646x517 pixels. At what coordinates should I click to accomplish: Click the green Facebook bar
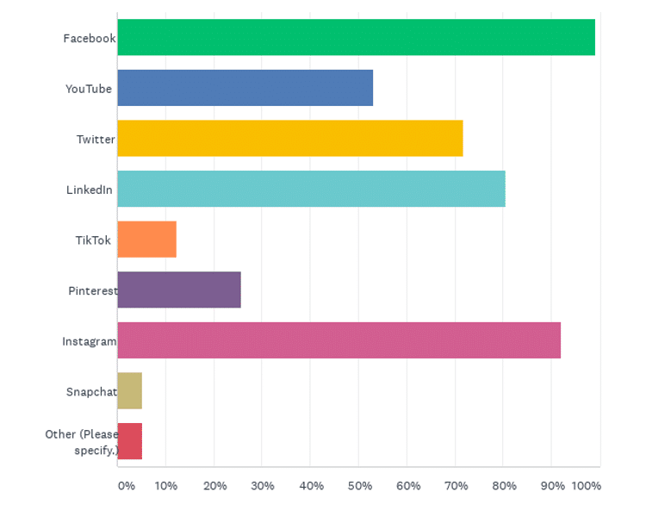(356, 37)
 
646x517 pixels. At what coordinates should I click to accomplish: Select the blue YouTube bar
(245, 88)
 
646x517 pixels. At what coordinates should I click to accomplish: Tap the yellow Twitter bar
(289, 138)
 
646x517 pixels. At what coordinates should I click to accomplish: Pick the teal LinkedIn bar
(311, 189)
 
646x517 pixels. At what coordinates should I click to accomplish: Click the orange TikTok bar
(146, 240)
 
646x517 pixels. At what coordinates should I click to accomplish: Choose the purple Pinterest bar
(179, 290)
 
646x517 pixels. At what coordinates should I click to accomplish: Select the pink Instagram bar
(339, 340)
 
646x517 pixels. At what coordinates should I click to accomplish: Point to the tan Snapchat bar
(129, 390)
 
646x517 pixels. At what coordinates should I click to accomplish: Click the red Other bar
(129, 441)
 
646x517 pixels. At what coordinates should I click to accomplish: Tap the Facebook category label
(89, 38)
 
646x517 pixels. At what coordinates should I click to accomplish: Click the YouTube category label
(89, 89)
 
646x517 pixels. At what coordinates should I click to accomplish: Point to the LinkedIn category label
(90, 190)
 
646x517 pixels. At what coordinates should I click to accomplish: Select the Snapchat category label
(91, 392)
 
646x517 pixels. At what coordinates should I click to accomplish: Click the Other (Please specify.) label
(82, 442)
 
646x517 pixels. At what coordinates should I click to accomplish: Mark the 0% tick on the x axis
(126, 486)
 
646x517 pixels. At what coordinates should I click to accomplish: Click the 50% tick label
(360, 486)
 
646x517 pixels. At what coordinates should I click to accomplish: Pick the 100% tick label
(587, 486)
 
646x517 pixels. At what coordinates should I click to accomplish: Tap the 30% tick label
(263, 486)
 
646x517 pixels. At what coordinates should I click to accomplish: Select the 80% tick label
(505, 486)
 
